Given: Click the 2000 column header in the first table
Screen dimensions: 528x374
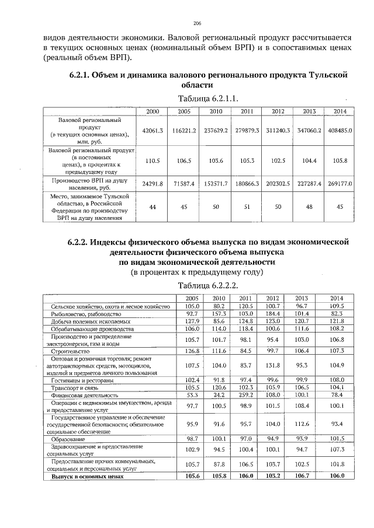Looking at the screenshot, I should tap(153, 111).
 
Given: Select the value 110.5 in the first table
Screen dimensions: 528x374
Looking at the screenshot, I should tap(153, 160).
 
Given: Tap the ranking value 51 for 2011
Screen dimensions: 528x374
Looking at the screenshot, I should tap(246, 207).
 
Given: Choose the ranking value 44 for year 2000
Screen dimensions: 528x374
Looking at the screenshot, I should tap(153, 207).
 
